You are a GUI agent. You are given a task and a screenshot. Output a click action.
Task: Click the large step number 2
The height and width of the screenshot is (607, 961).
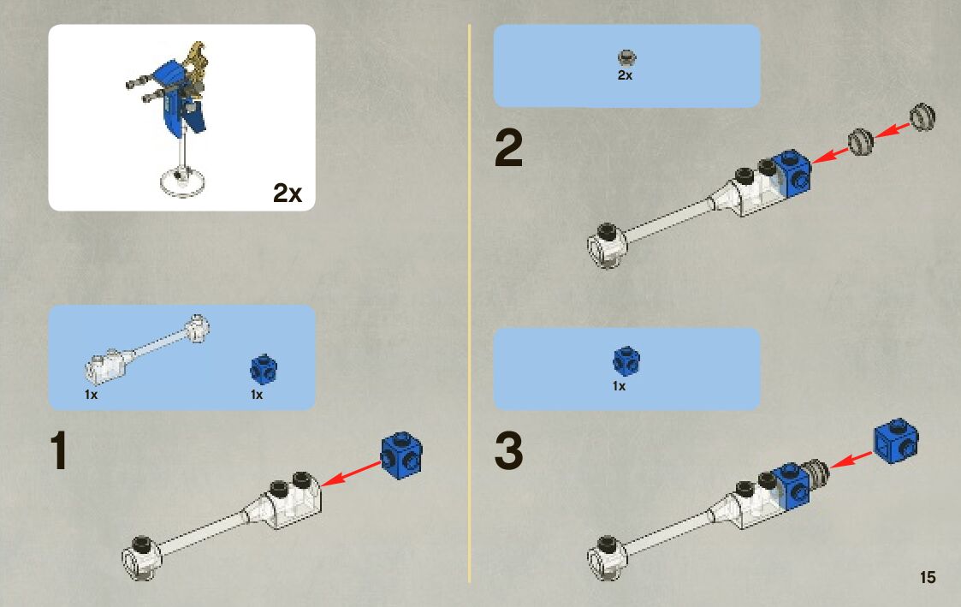pyautogui.click(x=508, y=151)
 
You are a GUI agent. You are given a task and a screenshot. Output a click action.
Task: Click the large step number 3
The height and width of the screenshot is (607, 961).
pyautogui.click(x=508, y=452)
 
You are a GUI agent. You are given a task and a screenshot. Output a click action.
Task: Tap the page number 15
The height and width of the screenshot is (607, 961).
pyautogui.click(x=928, y=577)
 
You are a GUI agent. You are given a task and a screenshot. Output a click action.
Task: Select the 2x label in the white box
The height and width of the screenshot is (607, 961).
pyautogui.click(x=288, y=193)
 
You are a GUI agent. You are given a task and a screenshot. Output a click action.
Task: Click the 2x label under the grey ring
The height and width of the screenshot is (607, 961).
pyautogui.click(x=625, y=75)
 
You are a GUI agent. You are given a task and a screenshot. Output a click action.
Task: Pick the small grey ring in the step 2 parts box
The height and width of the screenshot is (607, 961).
pyautogui.click(x=626, y=58)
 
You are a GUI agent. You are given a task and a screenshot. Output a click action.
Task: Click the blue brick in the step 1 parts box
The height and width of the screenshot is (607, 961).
pyautogui.click(x=263, y=369)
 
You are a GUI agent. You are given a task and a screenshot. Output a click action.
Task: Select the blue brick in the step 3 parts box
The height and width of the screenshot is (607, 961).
pyautogui.click(x=626, y=360)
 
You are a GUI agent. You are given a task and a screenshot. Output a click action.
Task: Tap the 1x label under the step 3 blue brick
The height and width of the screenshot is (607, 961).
pyautogui.click(x=620, y=386)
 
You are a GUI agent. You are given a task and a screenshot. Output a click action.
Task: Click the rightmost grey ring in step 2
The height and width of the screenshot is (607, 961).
pyautogui.click(x=922, y=117)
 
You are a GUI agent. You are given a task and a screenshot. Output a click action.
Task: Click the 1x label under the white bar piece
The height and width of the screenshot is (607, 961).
pyautogui.click(x=91, y=395)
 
